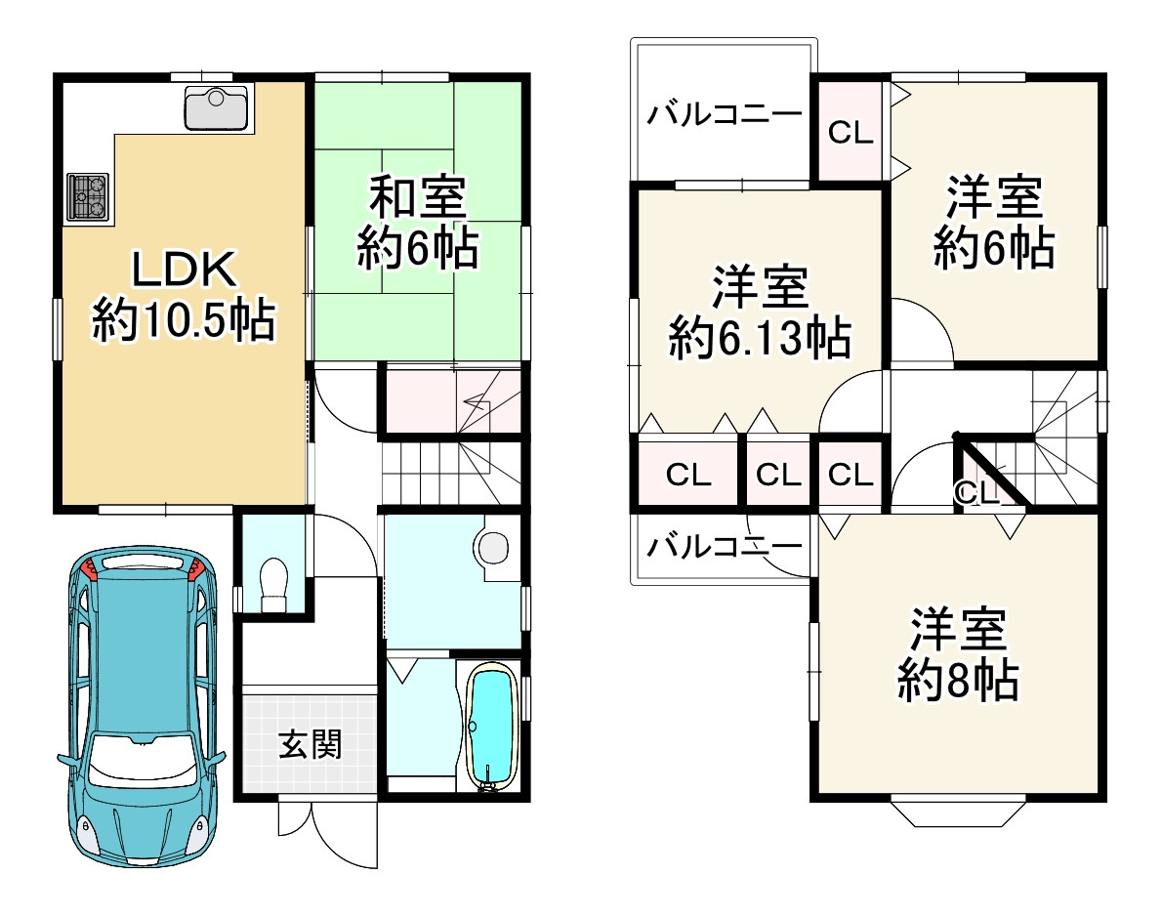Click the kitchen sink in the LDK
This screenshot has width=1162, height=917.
click(x=218, y=107)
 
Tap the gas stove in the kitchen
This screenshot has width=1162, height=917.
click(x=88, y=195)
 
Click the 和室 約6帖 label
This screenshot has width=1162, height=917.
click(x=417, y=223)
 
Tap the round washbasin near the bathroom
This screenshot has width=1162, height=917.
click(x=494, y=547)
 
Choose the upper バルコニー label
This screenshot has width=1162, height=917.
click(x=725, y=115)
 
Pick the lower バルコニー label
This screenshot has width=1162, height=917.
click(x=725, y=546)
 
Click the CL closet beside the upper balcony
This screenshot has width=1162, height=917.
click(x=850, y=133)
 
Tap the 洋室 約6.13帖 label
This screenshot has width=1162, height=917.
click(x=759, y=313)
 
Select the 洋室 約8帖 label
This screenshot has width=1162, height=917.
click(x=958, y=655)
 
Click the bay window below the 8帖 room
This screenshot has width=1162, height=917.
click(x=957, y=813)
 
